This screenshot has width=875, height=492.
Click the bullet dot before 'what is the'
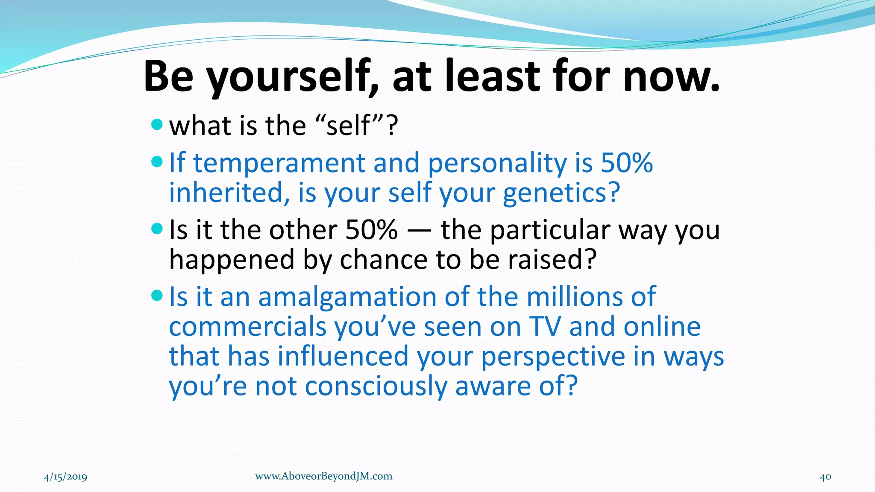(157, 125)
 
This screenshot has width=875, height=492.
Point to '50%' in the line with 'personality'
(627, 163)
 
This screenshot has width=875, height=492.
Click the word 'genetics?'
(561, 193)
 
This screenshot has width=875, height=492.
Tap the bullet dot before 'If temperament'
(157, 162)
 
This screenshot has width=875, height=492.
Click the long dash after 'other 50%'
(419, 231)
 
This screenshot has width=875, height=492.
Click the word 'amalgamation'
(347, 297)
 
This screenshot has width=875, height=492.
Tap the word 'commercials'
(247, 327)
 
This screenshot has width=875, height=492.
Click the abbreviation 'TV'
(544, 327)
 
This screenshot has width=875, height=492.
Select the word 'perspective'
(553, 357)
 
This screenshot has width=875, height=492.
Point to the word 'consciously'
(376, 386)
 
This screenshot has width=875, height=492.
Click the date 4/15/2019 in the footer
(65, 477)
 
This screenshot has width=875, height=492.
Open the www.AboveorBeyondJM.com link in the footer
(323, 476)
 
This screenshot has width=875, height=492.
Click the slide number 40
(825, 477)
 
